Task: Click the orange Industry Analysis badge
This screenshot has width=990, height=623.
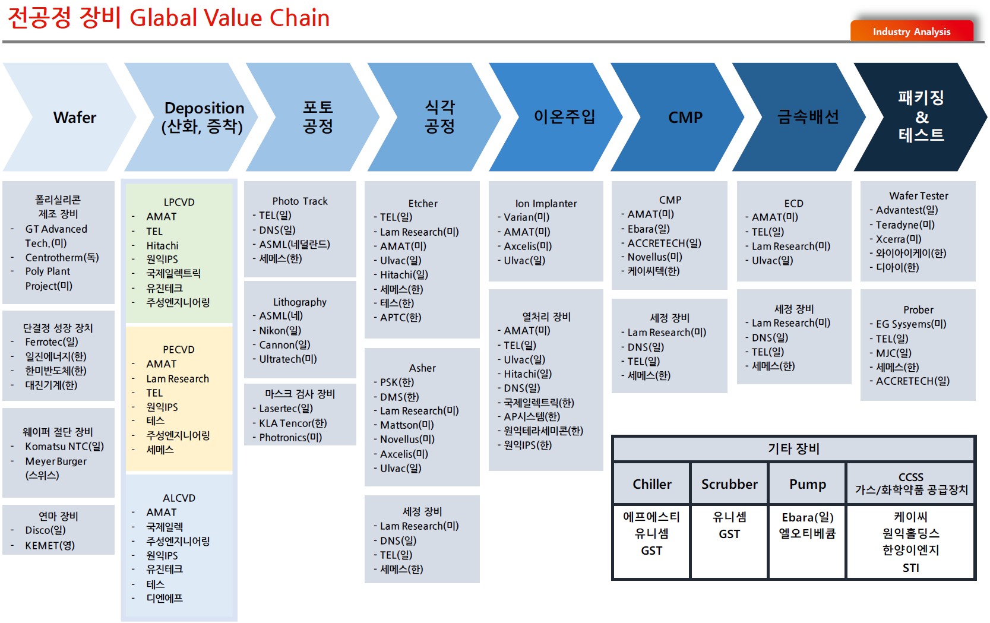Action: pyautogui.click(x=912, y=31)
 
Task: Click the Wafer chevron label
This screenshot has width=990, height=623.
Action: pyautogui.click(x=75, y=118)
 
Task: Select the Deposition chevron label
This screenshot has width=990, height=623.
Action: pyautogui.click(x=203, y=117)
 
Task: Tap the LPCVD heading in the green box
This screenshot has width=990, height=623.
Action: pyautogui.click(x=179, y=203)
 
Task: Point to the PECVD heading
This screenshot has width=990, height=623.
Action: pyautogui.click(x=179, y=349)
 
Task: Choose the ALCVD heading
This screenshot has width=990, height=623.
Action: pyautogui.click(x=179, y=498)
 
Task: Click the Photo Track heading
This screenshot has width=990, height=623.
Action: pyautogui.click(x=300, y=201)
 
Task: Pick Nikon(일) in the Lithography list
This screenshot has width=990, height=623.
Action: pyautogui.click(x=280, y=330)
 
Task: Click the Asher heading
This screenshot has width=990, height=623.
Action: pyautogui.click(x=422, y=368)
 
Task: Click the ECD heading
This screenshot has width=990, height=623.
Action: pyautogui.click(x=794, y=204)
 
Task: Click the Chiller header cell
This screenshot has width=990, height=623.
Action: pyautogui.click(x=652, y=484)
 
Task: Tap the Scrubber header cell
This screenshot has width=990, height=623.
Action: pyautogui.click(x=730, y=484)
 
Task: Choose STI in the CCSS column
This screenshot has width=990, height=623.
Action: pyautogui.click(x=911, y=568)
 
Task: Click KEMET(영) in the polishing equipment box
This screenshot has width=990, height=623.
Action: pyautogui.click(x=50, y=546)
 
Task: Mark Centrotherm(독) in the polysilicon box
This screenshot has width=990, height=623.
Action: pyautogui.click(x=62, y=258)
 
